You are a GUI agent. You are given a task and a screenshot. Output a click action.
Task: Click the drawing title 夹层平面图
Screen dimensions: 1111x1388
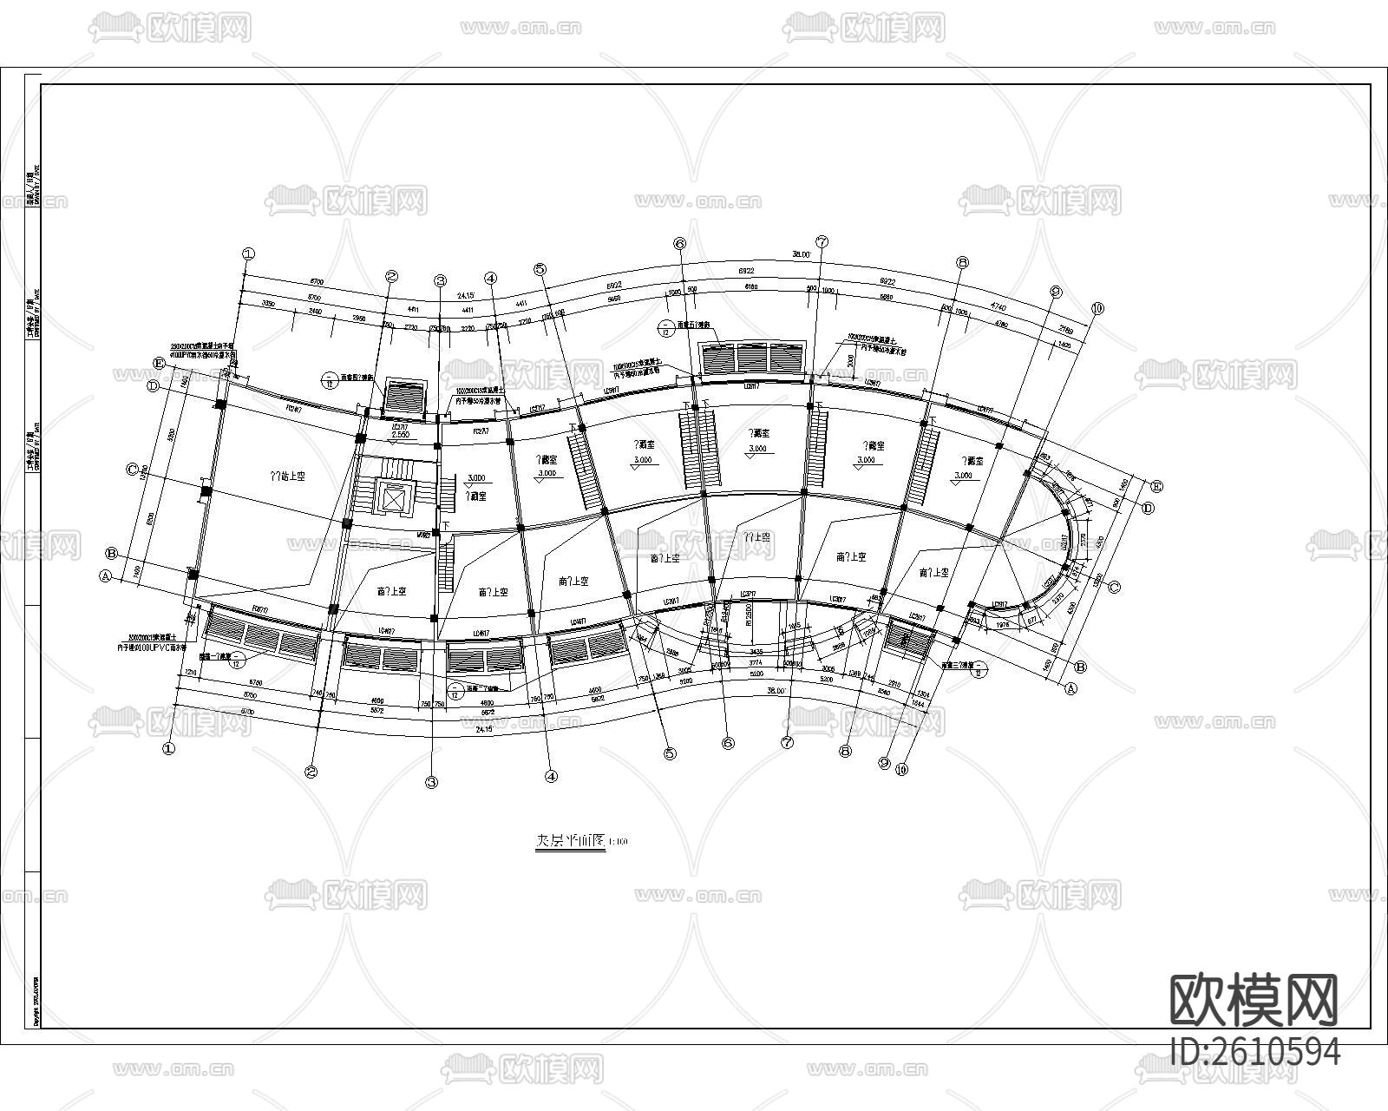click(568, 841)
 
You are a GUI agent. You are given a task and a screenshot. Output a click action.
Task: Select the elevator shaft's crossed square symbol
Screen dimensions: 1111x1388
click(393, 498)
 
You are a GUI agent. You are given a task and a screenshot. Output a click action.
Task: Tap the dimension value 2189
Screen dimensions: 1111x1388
click(1066, 330)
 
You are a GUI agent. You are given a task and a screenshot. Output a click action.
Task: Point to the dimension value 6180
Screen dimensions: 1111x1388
click(751, 286)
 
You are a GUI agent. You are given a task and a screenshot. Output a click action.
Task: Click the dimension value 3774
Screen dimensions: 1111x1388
click(755, 661)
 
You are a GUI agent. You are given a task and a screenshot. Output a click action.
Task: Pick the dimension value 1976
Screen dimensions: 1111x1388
click(1002, 623)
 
